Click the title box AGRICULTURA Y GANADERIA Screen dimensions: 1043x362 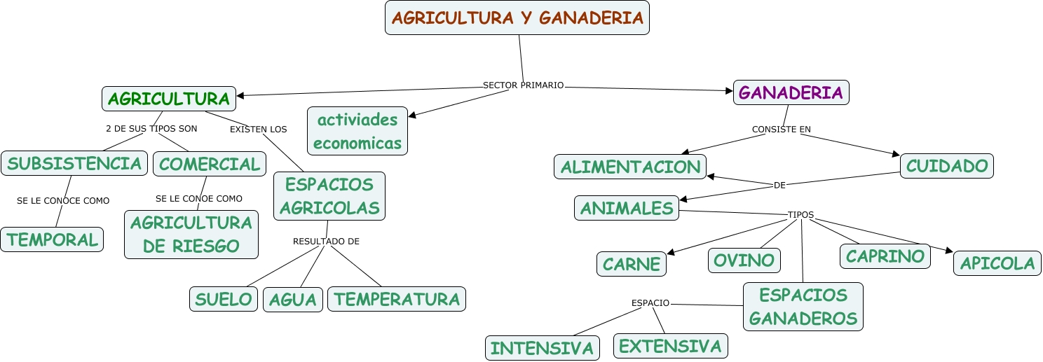point(517,18)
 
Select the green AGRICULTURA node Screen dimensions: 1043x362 point(169,99)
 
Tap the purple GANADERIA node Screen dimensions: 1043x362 point(791,93)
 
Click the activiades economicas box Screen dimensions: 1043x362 point(357,131)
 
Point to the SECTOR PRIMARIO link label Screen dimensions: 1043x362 point(523,85)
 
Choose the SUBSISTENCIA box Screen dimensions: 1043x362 point(74,164)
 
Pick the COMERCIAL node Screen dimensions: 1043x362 point(209,164)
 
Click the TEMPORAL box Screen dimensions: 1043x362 point(53,239)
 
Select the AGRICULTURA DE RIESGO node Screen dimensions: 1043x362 point(191,235)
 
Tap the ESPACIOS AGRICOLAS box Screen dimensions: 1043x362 point(329,196)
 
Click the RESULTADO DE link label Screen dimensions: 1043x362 point(326,242)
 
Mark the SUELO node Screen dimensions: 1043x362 point(224,300)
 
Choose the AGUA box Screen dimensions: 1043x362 point(293,300)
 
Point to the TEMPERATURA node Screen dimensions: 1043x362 point(397,300)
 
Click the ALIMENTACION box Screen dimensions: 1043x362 point(630,167)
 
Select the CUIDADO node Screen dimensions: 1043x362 point(946,166)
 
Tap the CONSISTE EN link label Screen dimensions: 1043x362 point(781,130)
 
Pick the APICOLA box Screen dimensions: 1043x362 point(997,263)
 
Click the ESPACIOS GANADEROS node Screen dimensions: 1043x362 point(803,307)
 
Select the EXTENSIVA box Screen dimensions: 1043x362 point(670,346)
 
